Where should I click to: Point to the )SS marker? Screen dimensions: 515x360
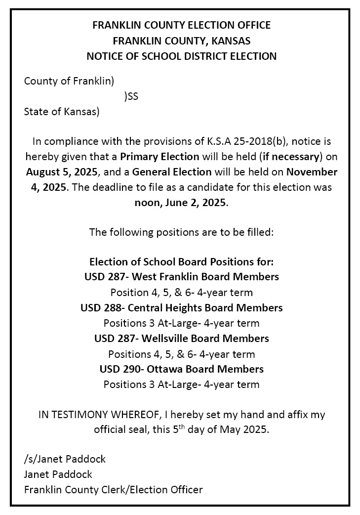click(x=131, y=97)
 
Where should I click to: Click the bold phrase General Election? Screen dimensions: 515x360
click(x=172, y=172)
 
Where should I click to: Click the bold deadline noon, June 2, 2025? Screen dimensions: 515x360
click(x=181, y=203)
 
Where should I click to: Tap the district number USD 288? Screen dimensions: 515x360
click(x=101, y=307)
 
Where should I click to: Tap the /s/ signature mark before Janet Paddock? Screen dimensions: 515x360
click(x=29, y=459)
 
